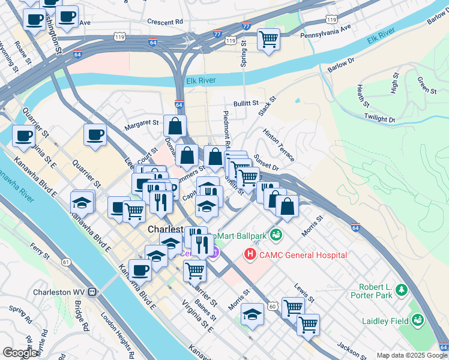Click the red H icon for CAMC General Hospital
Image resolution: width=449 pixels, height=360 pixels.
tap(249, 255)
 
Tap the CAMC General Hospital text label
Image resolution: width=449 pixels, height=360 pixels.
tap(303, 255)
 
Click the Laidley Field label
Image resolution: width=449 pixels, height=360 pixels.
tap(385, 321)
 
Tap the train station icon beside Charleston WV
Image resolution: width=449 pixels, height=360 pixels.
tap(92, 292)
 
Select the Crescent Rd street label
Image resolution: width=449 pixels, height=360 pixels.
tap(164, 22)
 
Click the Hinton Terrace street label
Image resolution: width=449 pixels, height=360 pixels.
tap(279, 144)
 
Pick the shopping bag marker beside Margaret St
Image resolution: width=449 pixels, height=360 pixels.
tap(175, 127)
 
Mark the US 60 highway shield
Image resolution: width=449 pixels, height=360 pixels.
tap(273, 307)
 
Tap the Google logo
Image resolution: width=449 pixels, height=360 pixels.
tap(20, 353)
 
